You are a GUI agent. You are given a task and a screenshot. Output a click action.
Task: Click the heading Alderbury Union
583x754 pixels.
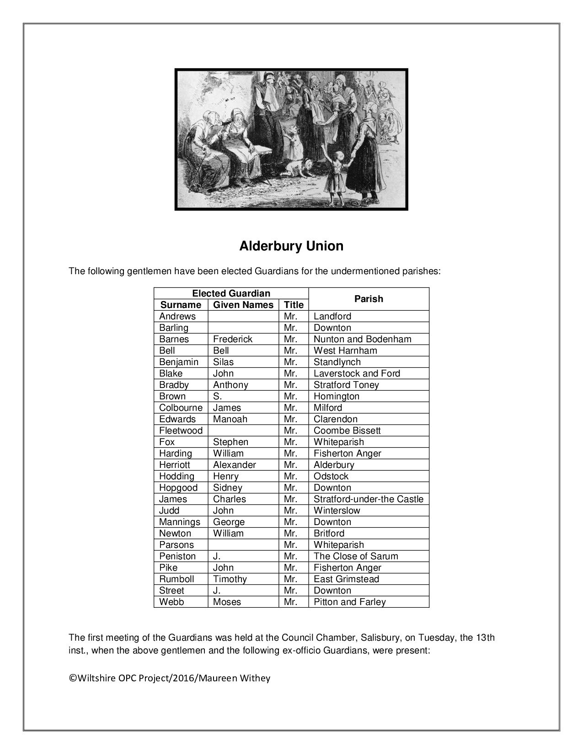click(291, 246)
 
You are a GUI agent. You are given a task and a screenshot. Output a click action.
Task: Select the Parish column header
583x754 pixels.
click(369, 299)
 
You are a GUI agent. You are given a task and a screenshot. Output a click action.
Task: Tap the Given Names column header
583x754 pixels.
click(243, 305)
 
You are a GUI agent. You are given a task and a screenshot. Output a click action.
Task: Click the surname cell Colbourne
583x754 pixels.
click(181, 408)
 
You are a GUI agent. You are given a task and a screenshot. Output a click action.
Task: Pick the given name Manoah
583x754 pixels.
click(230, 419)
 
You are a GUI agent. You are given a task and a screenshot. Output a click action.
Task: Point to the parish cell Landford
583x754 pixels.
click(332, 316)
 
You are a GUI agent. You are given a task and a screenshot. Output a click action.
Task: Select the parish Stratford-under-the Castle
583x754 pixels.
click(369, 499)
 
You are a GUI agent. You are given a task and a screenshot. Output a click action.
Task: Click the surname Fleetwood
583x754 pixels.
click(181, 430)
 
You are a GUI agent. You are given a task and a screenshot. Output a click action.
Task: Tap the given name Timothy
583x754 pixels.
click(230, 579)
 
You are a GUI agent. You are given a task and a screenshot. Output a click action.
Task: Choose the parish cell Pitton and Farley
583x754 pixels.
click(350, 602)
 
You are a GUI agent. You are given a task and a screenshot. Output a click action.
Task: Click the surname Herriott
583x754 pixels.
click(174, 465)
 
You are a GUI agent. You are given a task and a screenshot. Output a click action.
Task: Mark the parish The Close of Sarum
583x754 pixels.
click(356, 556)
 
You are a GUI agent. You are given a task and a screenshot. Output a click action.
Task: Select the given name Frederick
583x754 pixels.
click(233, 339)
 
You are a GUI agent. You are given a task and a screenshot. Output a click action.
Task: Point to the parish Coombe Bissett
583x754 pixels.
click(347, 430)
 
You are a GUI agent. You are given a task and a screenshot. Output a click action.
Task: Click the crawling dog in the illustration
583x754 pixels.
click(300, 168)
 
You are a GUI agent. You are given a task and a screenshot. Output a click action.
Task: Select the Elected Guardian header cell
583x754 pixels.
click(231, 293)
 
